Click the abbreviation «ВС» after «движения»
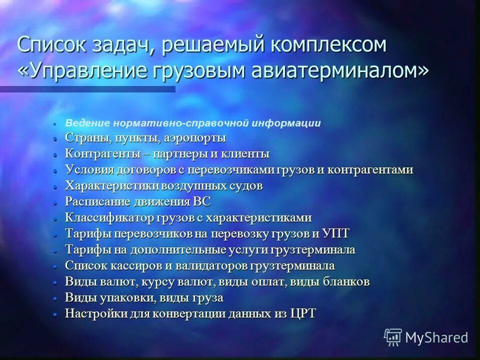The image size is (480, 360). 201,201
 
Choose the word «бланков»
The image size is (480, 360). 344,281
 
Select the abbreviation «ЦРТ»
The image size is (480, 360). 303,313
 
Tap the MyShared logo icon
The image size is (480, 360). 393,337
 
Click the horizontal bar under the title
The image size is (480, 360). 87,89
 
